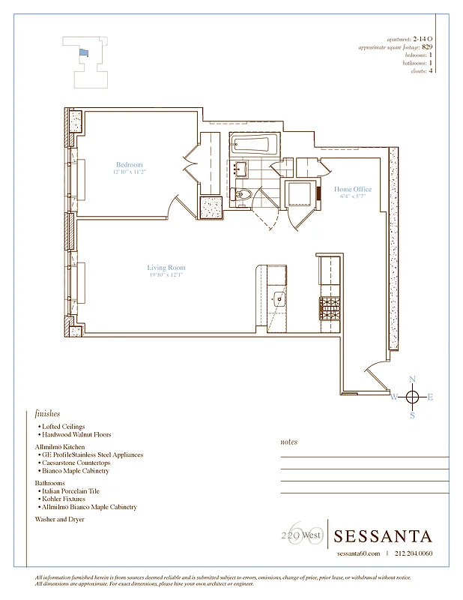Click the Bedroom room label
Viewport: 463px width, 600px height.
129,164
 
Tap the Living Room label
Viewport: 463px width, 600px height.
166,268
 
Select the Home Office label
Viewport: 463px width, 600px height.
353,189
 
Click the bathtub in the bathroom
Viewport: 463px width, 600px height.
254,144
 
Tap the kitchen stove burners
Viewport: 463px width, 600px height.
330,307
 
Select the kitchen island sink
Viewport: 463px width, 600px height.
279,298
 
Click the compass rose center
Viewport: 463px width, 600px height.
412,397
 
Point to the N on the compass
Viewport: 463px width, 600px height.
412,379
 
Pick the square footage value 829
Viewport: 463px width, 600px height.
427,46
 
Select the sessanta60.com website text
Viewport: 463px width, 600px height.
359,553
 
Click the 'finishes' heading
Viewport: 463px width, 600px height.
47,413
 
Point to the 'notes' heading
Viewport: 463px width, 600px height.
288,442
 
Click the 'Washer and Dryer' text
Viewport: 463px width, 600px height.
60,518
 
